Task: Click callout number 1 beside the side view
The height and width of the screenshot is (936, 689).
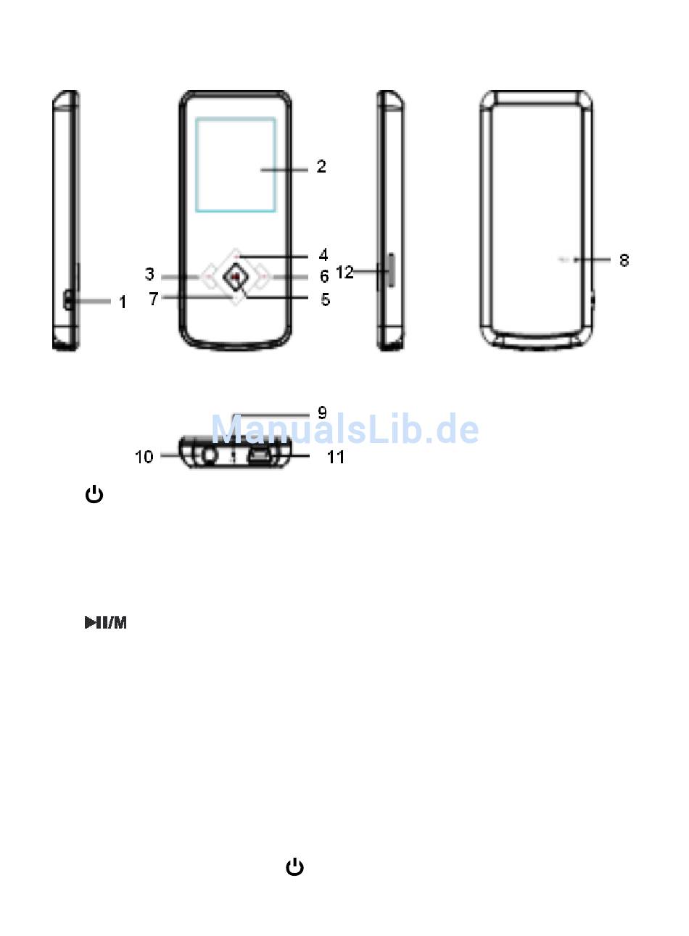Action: point(123,302)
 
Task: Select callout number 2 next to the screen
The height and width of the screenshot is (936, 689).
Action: point(321,166)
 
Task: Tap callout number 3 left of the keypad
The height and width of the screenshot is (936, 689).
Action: point(149,274)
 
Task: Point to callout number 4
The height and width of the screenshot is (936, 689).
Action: point(323,254)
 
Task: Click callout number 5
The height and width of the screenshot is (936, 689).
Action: point(325,299)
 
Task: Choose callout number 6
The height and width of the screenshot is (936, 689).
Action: point(324,276)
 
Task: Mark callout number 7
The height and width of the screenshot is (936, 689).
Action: point(154,299)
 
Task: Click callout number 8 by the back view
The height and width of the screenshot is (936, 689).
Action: point(624,260)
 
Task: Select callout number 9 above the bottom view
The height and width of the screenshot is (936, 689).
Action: point(322,413)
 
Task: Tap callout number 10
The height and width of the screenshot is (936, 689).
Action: point(144,457)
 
